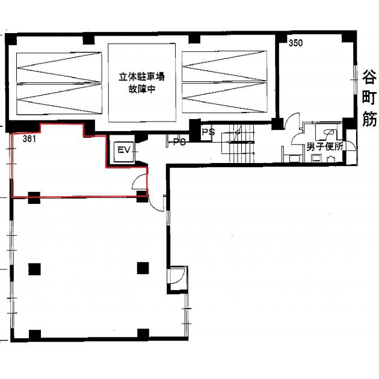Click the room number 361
coord(29,139)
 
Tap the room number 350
coord(295,43)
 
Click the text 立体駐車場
coord(141,77)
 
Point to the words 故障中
coord(141,89)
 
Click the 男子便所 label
coord(325,147)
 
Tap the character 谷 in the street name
coord(369,78)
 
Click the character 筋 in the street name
coord(369,119)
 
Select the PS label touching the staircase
coord(208,132)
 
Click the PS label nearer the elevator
coord(179,142)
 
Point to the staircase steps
coord(238,144)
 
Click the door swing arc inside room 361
coord(138,181)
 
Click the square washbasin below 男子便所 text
coord(316,158)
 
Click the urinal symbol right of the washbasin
coord(331,159)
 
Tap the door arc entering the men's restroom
coord(298,138)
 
